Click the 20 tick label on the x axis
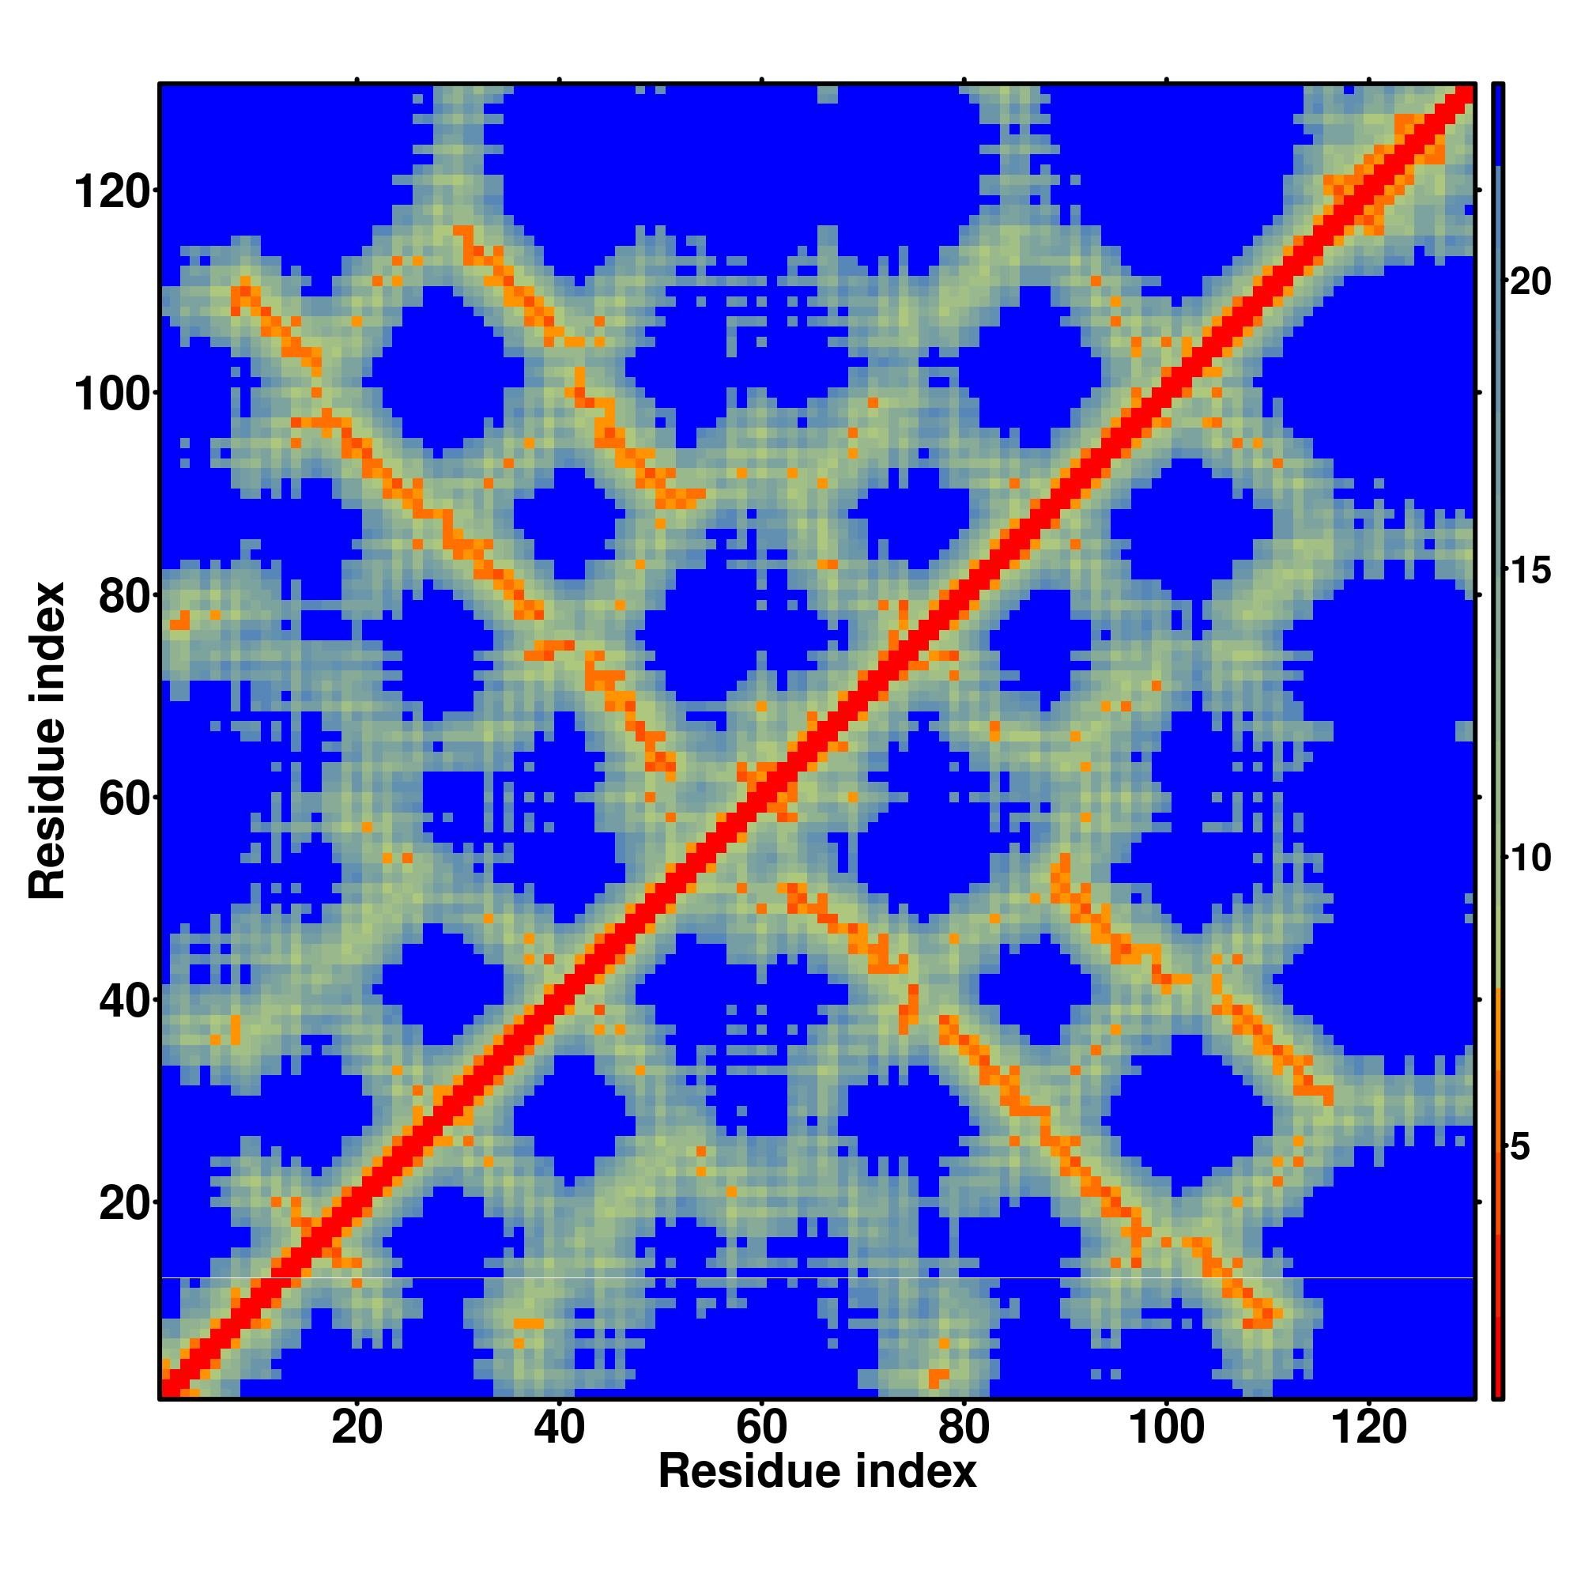tap(357, 1428)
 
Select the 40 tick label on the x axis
tap(559, 1428)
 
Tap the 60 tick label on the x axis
tap(761, 1428)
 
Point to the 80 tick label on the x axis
tap(963, 1428)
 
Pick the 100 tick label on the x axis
tap(1165, 1428)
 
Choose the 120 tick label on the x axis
tap(1368, 1428)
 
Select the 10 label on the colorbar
tap(1529, 858)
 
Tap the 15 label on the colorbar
tap(1529, 571)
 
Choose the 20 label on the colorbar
tap(1529, 282)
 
